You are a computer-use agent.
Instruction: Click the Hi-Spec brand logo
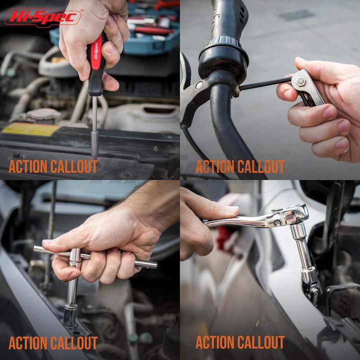[42, 17]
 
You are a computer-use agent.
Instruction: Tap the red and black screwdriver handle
[96, 62]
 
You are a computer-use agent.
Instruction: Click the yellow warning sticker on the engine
[30, 129]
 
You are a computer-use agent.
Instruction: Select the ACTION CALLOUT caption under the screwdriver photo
[53, 166]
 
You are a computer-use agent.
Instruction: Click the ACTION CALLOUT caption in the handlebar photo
[240, 166]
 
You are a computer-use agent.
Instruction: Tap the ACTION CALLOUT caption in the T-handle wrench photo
[53, 343]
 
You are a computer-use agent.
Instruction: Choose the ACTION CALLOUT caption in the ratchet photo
[240, 343]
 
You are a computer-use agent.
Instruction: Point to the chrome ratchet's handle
[240, 220]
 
